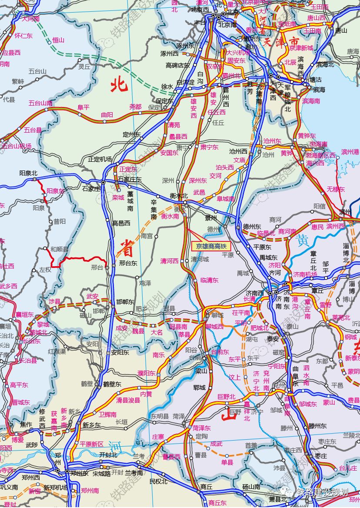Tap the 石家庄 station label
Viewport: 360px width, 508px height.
click(x=91, y=189)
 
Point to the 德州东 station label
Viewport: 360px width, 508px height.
click(x=252, y=227)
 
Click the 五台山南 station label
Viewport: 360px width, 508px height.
click(x=40, y=104)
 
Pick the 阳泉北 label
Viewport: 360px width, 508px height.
click(x=29, y=173)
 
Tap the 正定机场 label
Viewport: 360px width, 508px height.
click(x=100, y=159)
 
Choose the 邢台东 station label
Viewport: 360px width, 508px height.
click(x=128, y=263)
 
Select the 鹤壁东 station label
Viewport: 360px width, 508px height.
click(x=112, y=384)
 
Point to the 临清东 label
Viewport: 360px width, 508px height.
click(x=210, y=281)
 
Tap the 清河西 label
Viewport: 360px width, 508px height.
click(x=170, y=261)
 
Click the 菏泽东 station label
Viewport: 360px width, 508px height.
click(x=202, y=428)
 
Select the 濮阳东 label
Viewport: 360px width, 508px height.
click(x=147, y=373)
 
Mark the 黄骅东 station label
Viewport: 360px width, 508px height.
click(x=307, y=136)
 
